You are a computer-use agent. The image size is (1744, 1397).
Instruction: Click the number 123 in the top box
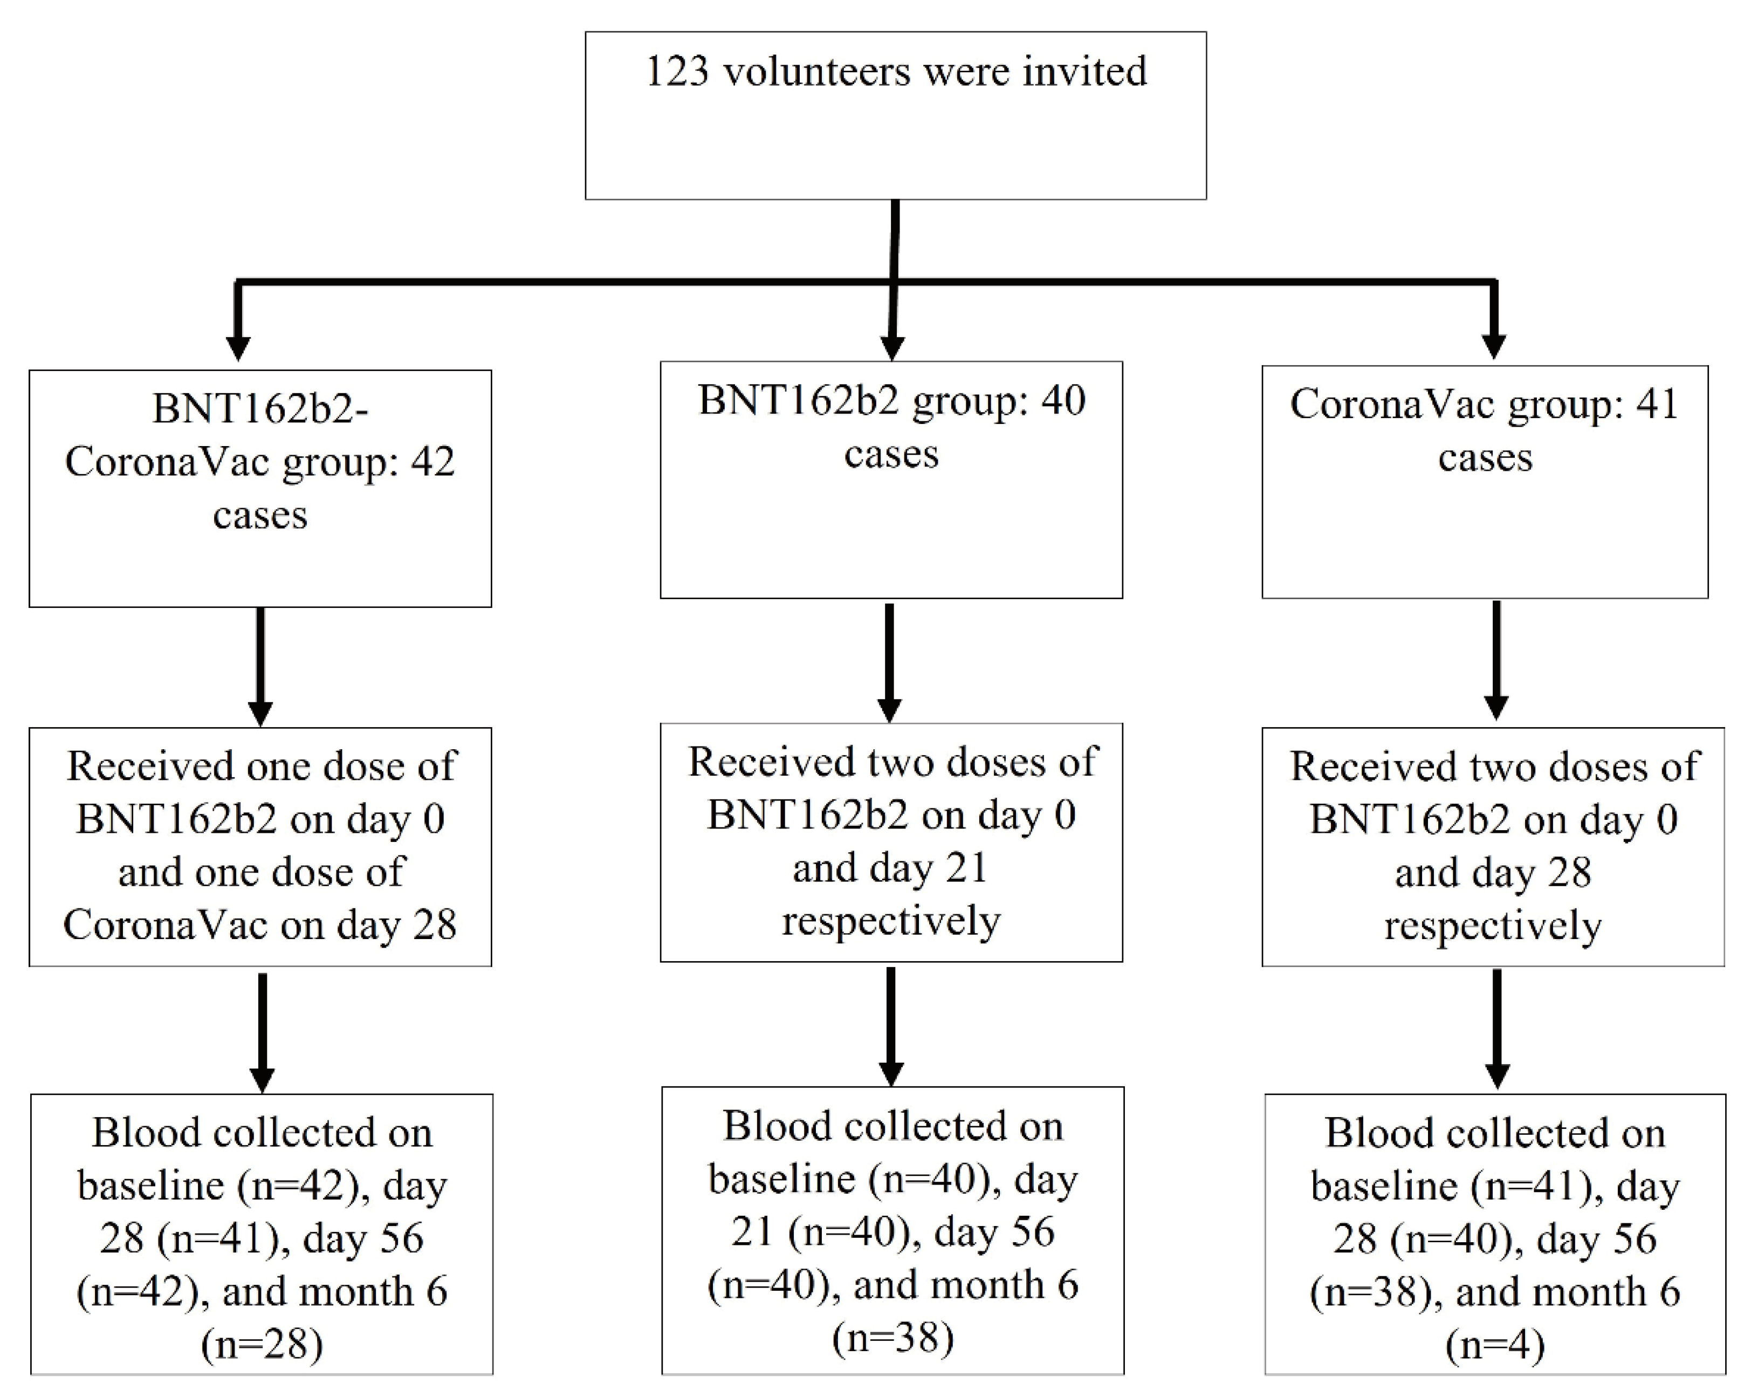pyautogui.click(x=678, y=72)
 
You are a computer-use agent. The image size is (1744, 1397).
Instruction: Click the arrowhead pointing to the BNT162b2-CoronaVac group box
pyautogui.click(x=238, y=347)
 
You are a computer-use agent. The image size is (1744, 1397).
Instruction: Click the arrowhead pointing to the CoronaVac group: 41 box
pyautogui.click(x=1493, y=346)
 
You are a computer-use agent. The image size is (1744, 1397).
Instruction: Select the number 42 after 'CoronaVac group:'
pyautogui.click(x=432, y=462)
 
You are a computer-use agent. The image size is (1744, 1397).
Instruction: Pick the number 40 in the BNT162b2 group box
pyautogui.click(x=1063, y=400)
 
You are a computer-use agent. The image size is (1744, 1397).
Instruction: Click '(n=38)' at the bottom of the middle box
pyautogui.click(x=892, y=1337)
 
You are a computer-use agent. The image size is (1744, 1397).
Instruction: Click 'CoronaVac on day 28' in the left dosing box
pyautogui.click(x=260, y=925)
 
